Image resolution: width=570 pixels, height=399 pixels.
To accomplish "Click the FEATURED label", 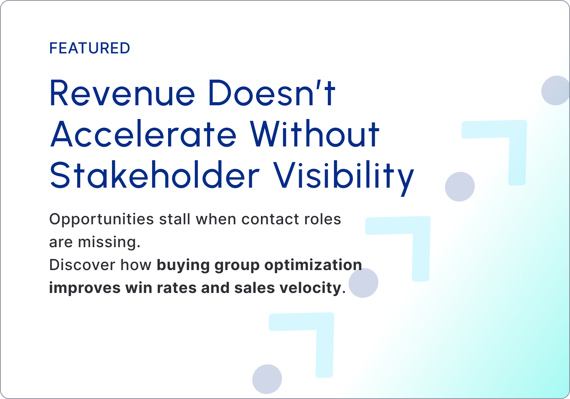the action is tap(89, 48).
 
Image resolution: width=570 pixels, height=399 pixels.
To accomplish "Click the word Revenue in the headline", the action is tap(122, 93).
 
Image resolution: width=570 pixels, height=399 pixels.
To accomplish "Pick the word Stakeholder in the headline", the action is tap(155, 175).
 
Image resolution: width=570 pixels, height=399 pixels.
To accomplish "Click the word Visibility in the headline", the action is tap(344, 178).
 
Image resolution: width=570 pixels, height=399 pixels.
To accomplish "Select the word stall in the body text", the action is tap(175, 219).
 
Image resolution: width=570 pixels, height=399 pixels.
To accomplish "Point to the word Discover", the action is tap(82, 265).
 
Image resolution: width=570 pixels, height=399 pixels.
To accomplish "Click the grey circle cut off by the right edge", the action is tap(555, 90).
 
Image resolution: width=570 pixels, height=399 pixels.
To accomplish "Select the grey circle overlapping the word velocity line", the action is tap(363, 283).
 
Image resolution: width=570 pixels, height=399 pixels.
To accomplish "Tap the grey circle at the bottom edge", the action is tap(267, 379).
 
